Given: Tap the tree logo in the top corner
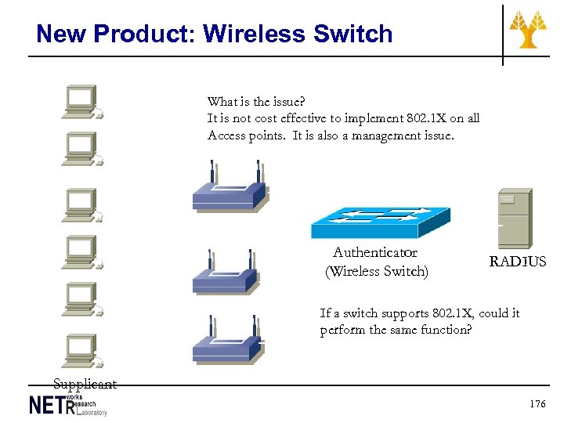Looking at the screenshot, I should pos(529,29).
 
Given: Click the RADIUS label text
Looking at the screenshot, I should pos(518,262).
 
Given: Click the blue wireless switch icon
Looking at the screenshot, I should pos(380,222).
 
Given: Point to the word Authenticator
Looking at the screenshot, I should pos(374,252).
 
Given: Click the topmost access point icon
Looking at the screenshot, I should pos(230,188).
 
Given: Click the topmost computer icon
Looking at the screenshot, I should pos(81,101).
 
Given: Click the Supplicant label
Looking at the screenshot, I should pos(85,384).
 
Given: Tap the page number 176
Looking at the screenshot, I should pos(537,404).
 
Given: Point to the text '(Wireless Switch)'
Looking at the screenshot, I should pos(377,272).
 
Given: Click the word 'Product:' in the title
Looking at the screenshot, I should pos(146,34).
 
